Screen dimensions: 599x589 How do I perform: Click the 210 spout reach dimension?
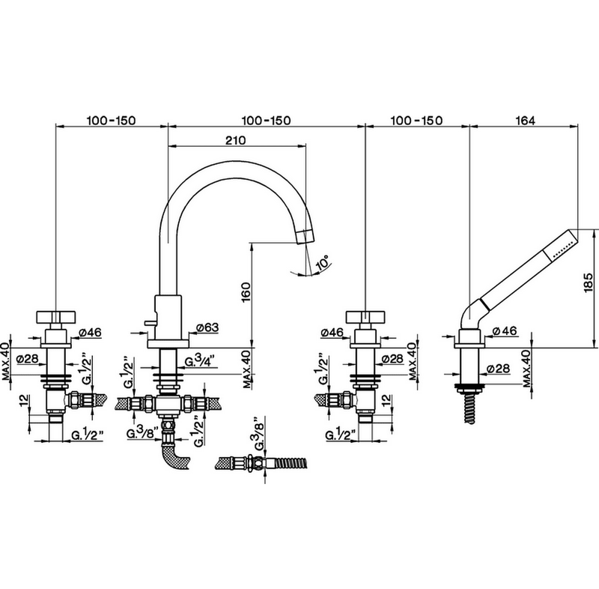235,140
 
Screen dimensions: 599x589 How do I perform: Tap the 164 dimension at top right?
526,121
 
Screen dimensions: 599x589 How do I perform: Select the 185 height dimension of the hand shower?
589,283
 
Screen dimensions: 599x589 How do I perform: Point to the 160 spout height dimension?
246,292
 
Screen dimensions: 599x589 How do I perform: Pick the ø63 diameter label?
208,327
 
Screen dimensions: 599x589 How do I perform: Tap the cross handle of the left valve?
55,317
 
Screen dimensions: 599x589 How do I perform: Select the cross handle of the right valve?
365,317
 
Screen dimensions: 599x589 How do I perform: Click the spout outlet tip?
305,237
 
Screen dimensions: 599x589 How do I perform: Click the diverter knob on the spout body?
150,324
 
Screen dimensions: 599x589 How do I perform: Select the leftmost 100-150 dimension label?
111,121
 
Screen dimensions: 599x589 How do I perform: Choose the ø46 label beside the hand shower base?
504,331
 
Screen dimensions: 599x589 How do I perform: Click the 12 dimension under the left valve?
24,400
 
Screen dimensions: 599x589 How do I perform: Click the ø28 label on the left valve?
27,358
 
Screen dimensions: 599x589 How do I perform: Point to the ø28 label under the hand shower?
499,368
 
